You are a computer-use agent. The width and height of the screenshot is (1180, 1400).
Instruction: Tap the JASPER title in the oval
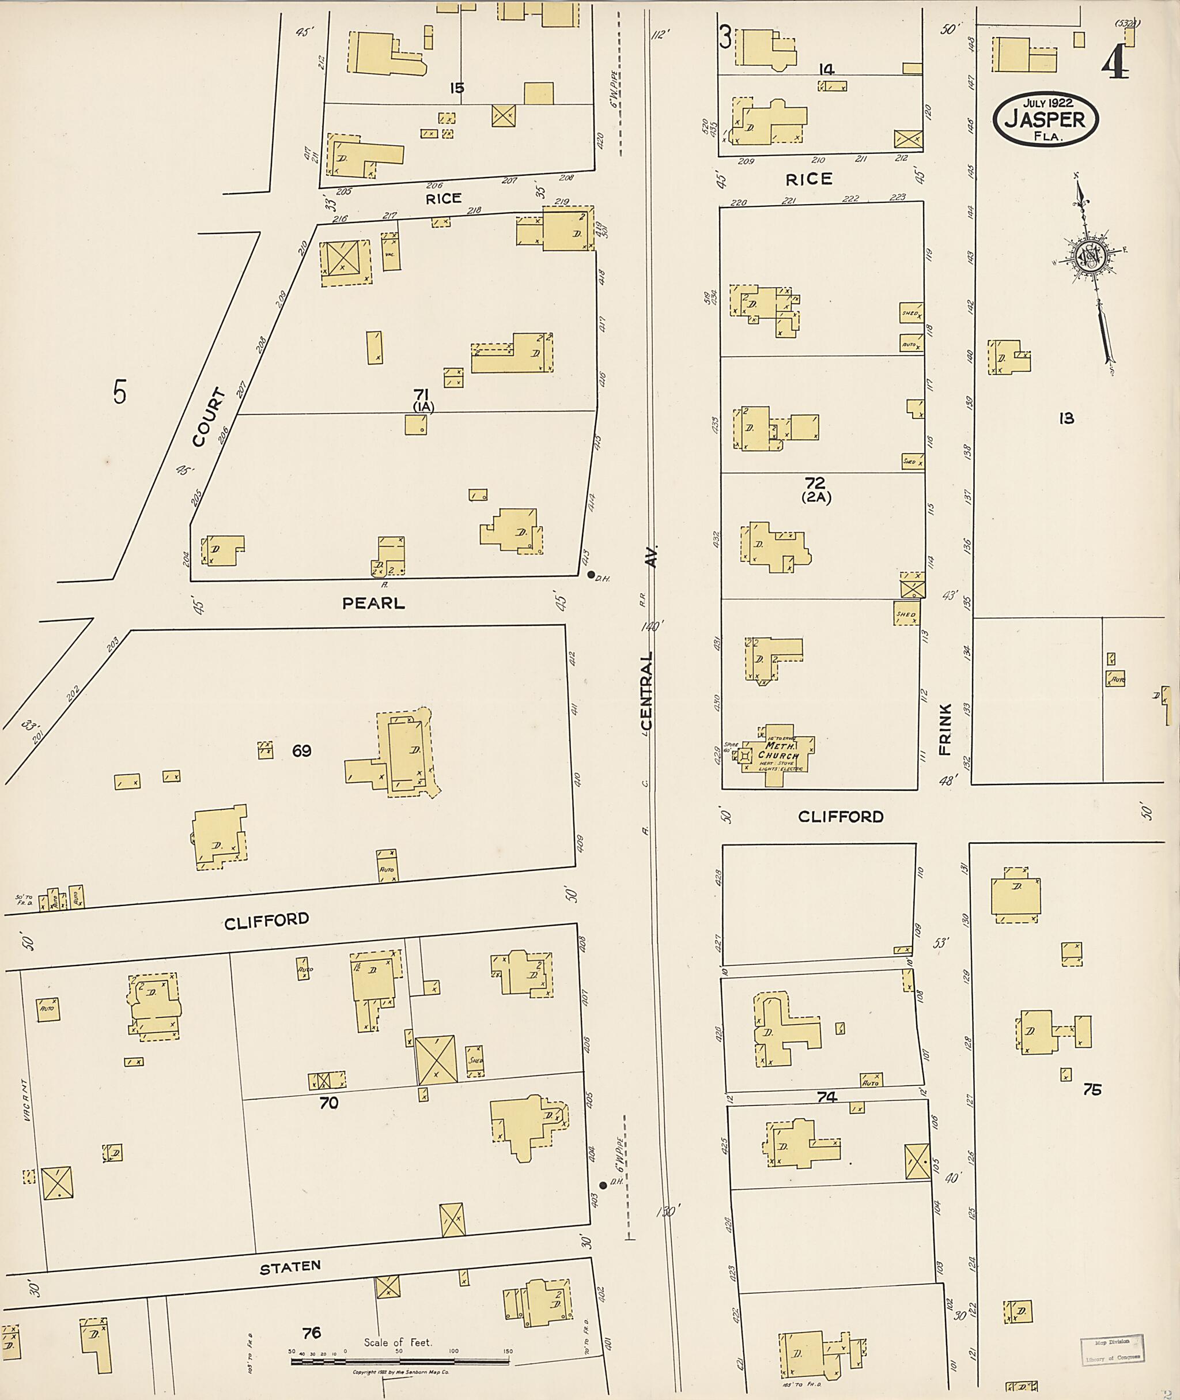[x=1046, y=120]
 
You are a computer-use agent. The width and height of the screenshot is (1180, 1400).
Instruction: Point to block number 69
[x=302, y=751]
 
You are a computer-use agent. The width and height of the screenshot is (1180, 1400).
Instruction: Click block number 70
[x=328, y=1103]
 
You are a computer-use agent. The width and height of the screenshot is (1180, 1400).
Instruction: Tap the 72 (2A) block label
[x=815, y=490]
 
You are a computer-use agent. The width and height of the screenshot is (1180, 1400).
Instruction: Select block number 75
[x=1092, y=1090]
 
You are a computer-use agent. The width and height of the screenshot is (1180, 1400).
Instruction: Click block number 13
[x=1066, y=419]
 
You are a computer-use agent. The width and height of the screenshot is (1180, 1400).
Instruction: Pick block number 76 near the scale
[x=312, y=1333]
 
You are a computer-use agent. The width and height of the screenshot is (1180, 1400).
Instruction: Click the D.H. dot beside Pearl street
[x=591, y=574]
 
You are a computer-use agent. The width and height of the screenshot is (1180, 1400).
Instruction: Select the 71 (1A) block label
[x=422, y=399]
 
